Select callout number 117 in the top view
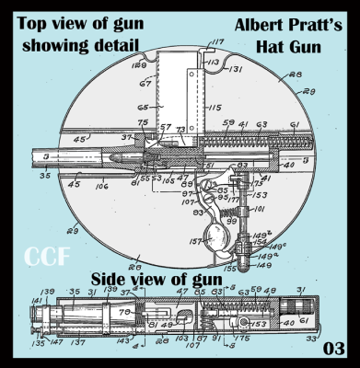[217, 41]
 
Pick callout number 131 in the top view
[236, 68]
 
